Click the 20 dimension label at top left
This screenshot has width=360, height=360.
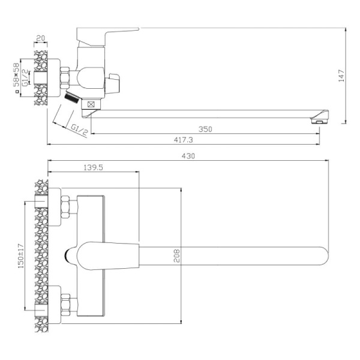coord(41,37)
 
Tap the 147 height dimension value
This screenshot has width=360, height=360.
coord(341,76)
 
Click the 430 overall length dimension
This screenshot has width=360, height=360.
coord(188,156)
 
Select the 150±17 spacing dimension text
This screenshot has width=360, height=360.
coord(22,257)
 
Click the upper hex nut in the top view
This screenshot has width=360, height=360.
coord(65,208)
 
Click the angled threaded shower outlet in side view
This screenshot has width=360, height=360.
coord(71,98)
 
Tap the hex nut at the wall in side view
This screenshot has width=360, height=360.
coord(65,77)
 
